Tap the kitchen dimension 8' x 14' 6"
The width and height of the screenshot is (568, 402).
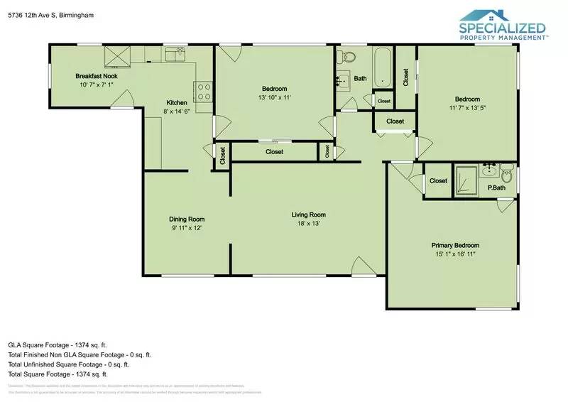tap(177, 112)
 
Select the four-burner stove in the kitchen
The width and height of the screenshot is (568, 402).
tap(204, 91)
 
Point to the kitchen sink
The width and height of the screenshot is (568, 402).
tap(175, 54)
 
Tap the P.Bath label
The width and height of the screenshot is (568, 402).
tap(496, 188)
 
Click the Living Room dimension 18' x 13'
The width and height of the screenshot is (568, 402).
tap(308, 224)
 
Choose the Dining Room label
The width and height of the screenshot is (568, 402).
tap(187, 219)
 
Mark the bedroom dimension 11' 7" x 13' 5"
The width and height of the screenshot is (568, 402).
tap(466, 108)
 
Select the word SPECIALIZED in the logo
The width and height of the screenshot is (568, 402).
tap(503, 28)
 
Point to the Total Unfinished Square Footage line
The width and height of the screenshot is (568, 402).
tap(73, 364)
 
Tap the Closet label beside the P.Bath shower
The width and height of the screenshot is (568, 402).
tap(438, 180)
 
